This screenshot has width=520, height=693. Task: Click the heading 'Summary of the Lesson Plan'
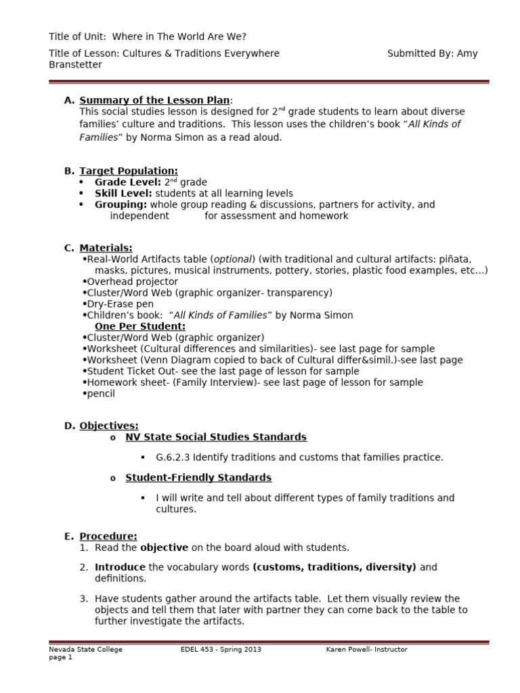pyautogui.click(x=154, y=100)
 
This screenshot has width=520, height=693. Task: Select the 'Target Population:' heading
pyautogui.click(x=129, y=171)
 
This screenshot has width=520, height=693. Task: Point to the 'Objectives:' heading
pyautogui.click(x=109, y=426)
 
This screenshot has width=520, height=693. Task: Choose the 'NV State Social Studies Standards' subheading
pyautogui.click(x=216, y=437)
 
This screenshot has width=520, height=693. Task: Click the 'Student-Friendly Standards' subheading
pyautogui.click(x=198, y=478)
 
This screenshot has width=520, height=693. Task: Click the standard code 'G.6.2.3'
pyautogui.click(x=173, y=457)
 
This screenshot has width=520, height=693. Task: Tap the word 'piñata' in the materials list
pyautogui.click(x=456, y=259)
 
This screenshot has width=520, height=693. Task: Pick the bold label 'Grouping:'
pyautogui.click(x=121, y=204)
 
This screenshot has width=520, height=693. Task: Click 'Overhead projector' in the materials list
pyautogui.click(x=132, y=282)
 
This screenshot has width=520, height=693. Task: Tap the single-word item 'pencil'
pyautogui.click(x=101, y=393)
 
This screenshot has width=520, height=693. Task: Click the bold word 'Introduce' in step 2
pyautogui.click(x=120, y=567)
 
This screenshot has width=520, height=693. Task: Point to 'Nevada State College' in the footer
pyautogui.click(x=85, y=650)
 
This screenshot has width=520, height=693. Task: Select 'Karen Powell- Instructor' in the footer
pyautogui.click(x=366, y=650)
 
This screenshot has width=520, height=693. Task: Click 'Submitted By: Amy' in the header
pyautogui.click(x=432, y=53)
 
